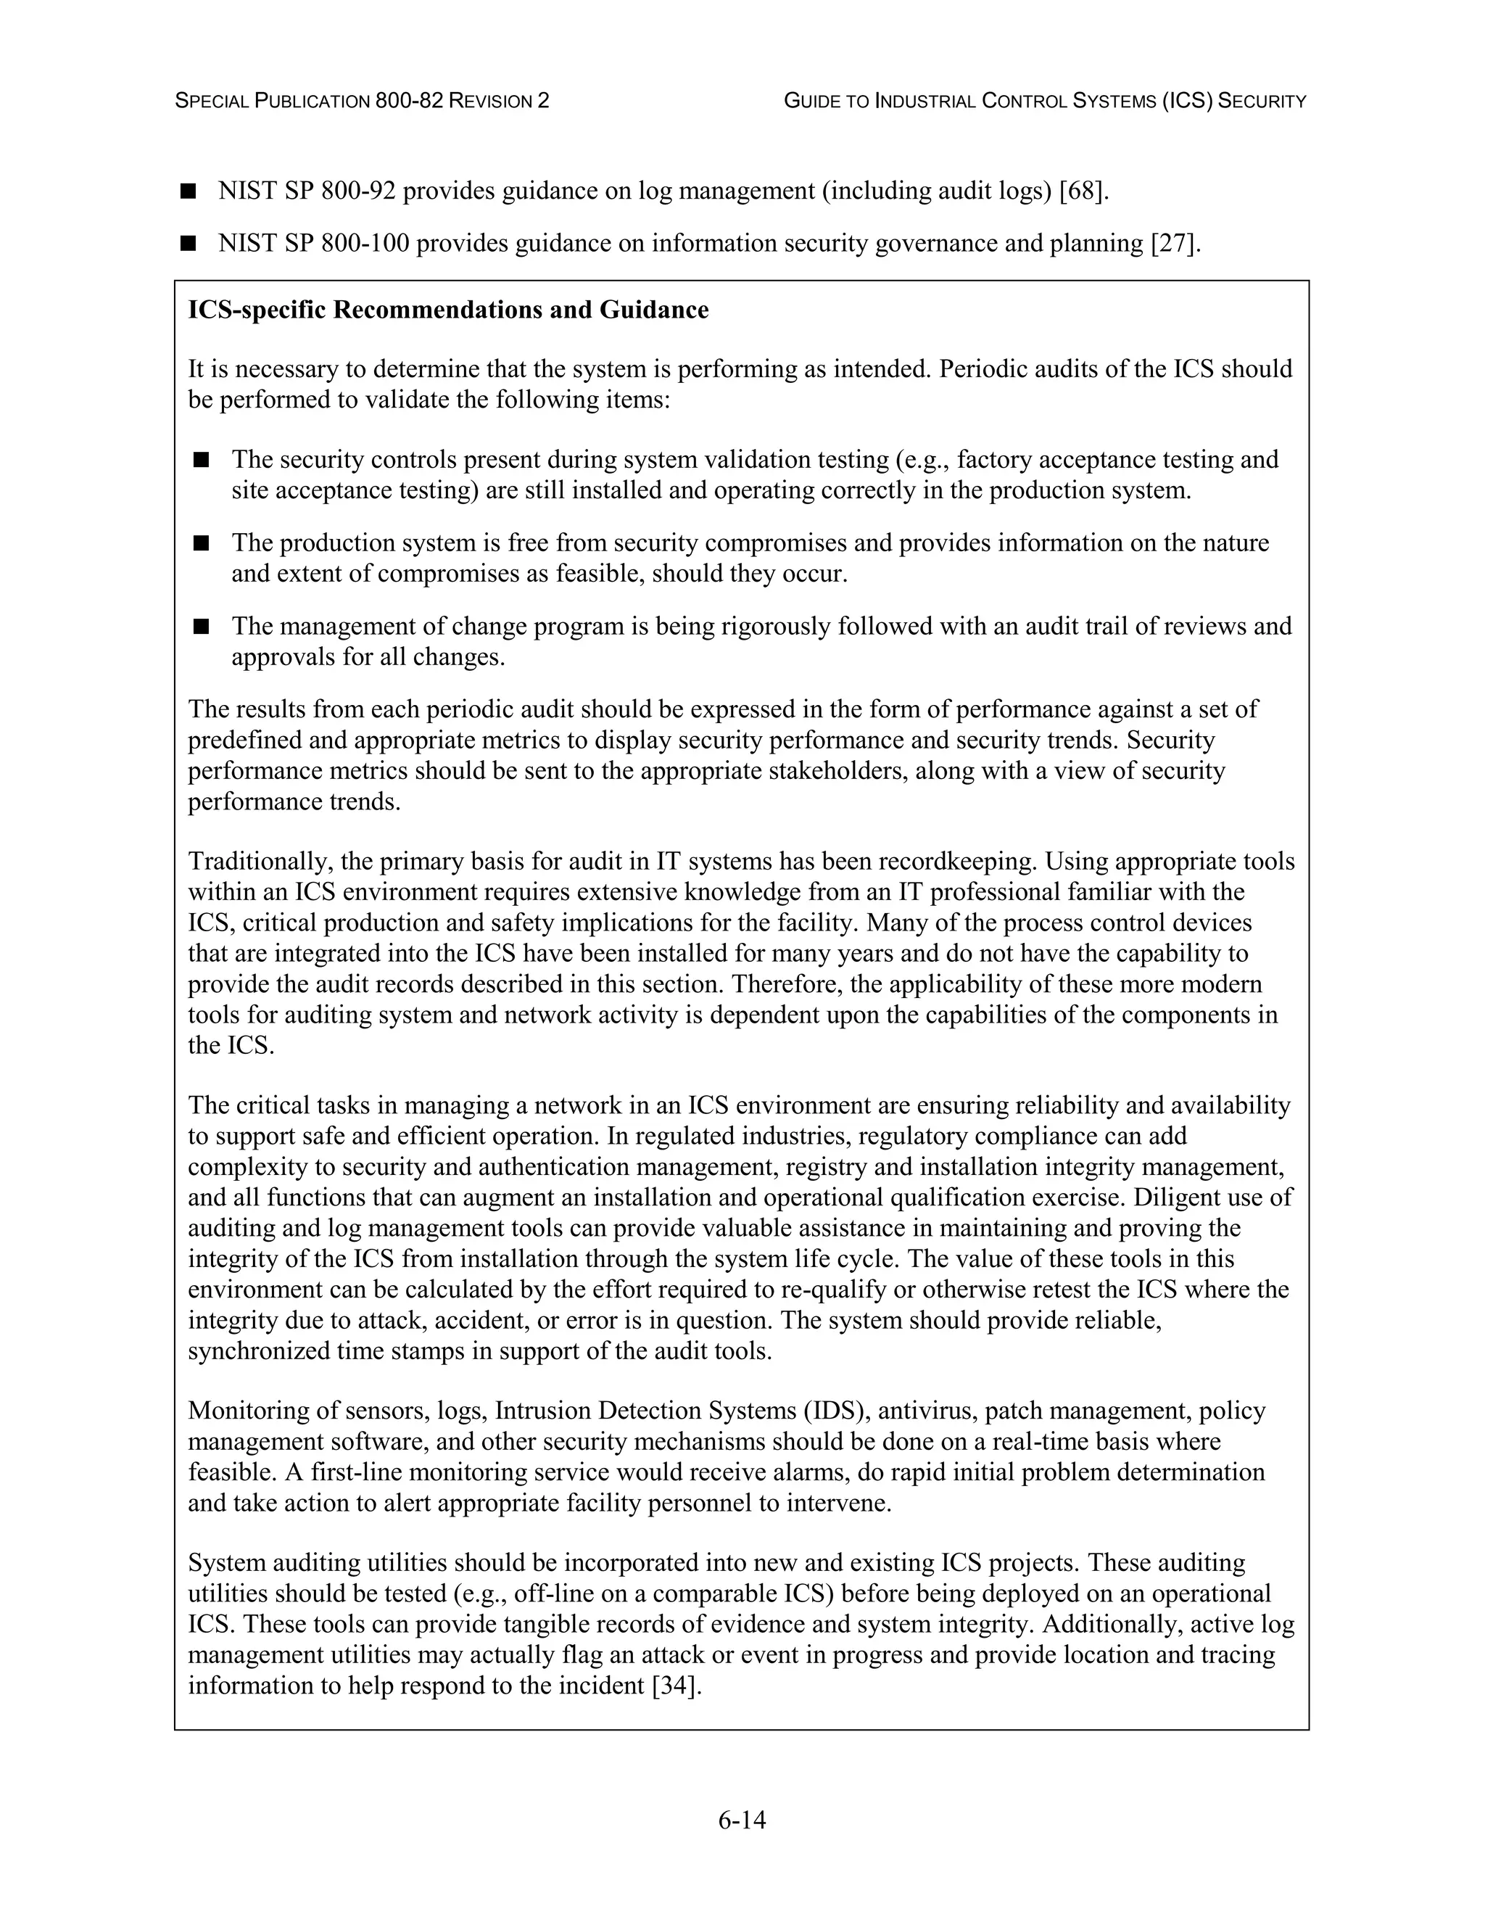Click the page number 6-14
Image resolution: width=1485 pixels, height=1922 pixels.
[x=742, y=1820]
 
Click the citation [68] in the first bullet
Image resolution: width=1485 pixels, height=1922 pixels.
[x=1081, y=191]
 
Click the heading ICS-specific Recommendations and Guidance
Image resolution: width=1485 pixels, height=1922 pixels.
[x=448, y=310]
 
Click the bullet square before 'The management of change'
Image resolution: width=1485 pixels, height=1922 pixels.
[x=202, y=627]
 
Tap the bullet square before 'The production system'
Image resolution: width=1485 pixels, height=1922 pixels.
[x=202, y=543]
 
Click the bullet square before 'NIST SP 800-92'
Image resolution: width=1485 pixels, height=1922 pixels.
[x=187, y=191]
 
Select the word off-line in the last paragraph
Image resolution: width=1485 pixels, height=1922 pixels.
[x=545, y=1593]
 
